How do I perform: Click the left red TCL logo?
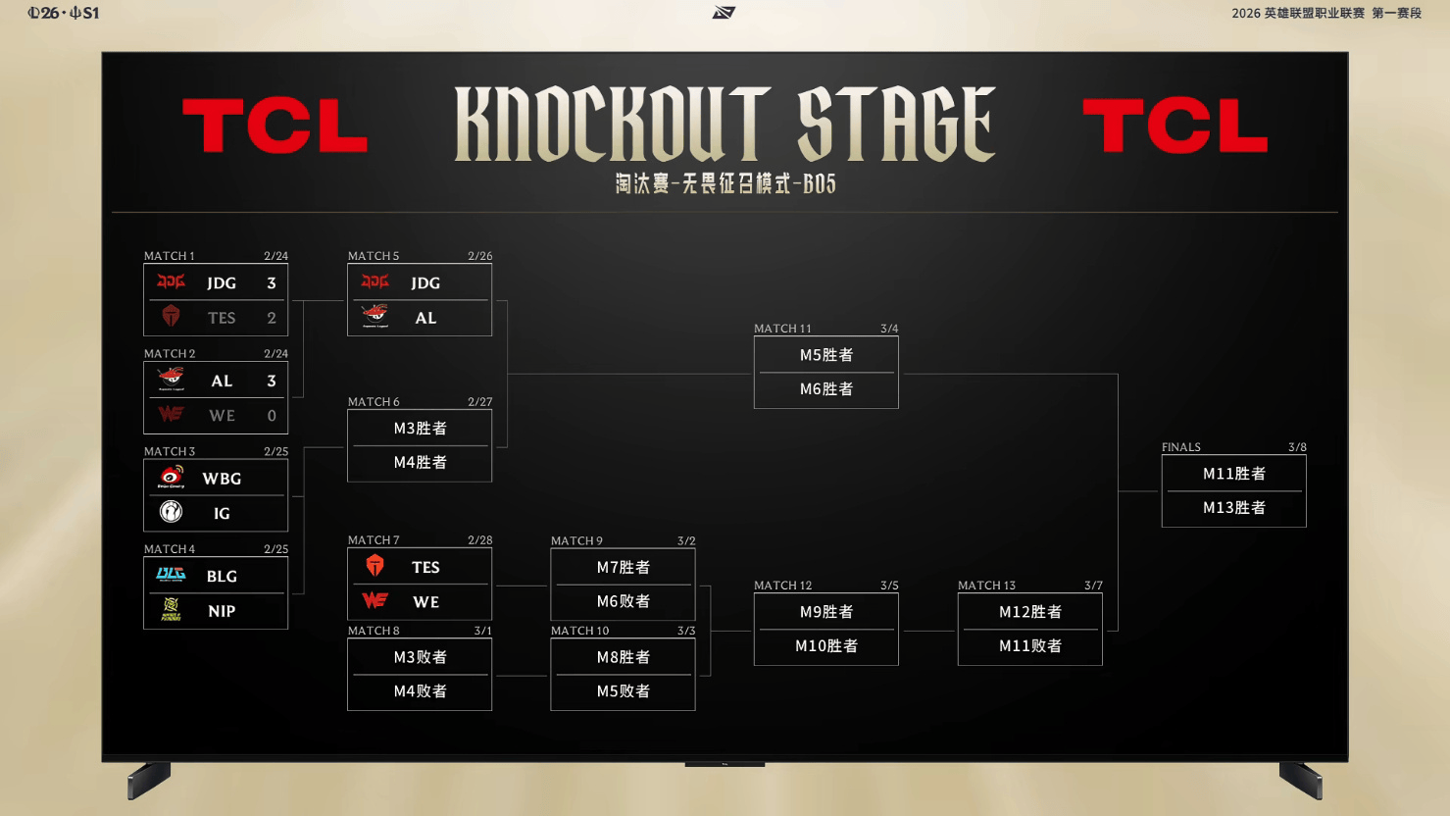point(275,126)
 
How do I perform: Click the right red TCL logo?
point(1175,126)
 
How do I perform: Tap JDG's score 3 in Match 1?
point(272,283)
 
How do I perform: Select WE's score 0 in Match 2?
point(272,416)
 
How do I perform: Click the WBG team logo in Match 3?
point(172,478)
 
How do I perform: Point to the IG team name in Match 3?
point(222,513)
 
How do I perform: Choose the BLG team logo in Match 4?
point(172,575)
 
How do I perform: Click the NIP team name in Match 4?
point(222,611)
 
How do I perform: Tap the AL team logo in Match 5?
point(375,317)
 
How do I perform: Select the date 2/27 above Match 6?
point(479,402)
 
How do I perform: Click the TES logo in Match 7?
point(375,566)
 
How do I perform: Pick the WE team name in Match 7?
point(425,602)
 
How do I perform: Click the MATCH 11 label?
point(782,329)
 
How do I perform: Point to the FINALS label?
point(1180,447)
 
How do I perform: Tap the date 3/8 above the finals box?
point(1297,447)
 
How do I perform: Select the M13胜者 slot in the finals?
point(1233,508)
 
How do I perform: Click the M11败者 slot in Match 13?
point(1029,646)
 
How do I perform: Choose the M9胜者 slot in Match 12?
point(825,612)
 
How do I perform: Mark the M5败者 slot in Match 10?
point(623,691)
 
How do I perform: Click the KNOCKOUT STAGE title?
point(725,124)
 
